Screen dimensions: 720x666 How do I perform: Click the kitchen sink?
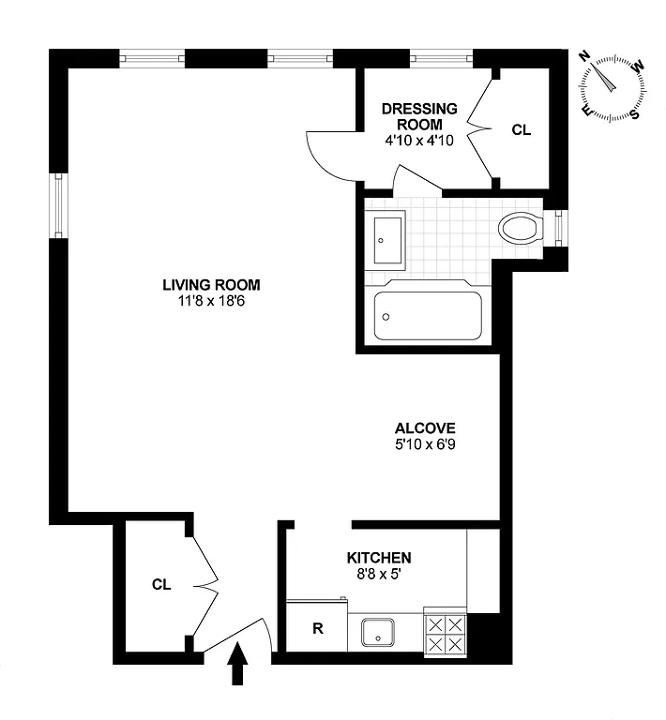[x=383, y=633]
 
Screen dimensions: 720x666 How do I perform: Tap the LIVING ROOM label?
[x=211, y=285]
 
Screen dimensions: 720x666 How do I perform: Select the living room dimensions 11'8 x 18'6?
[x=211, y=301]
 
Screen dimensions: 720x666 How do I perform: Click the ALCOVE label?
[x=425, y=428]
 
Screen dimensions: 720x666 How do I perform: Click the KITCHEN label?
[x=379, y=557]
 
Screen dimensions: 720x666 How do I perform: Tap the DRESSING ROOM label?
[x=419, y=116]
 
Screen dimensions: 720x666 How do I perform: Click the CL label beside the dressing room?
[x=521, y=130]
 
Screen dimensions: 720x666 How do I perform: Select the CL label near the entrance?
[x=161, y=584]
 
